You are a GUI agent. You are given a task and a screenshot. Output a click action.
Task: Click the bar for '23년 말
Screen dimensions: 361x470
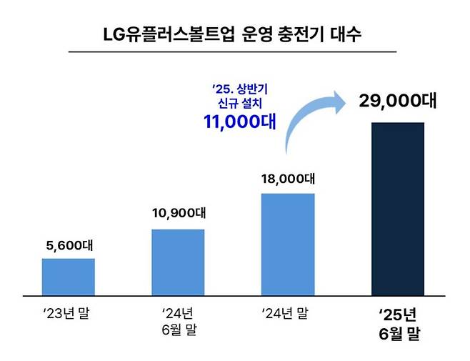[69, 276]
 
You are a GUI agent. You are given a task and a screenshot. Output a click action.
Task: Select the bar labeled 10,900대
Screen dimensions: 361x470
[178, 262]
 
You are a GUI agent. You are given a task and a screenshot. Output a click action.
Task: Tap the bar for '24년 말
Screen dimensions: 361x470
[288, 244]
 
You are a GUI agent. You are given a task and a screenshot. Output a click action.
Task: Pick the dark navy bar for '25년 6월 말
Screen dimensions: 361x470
[398, 208]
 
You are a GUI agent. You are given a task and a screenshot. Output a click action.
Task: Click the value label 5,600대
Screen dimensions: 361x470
[69, 246]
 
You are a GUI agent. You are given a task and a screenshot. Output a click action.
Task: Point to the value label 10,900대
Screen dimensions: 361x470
[178, 213]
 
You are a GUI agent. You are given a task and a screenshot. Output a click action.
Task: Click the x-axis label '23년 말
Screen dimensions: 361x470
[69, 313]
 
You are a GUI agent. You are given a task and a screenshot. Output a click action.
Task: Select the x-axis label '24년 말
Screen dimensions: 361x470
[287, 313]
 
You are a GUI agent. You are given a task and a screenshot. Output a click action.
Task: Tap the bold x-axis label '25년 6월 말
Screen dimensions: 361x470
[397, 324]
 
